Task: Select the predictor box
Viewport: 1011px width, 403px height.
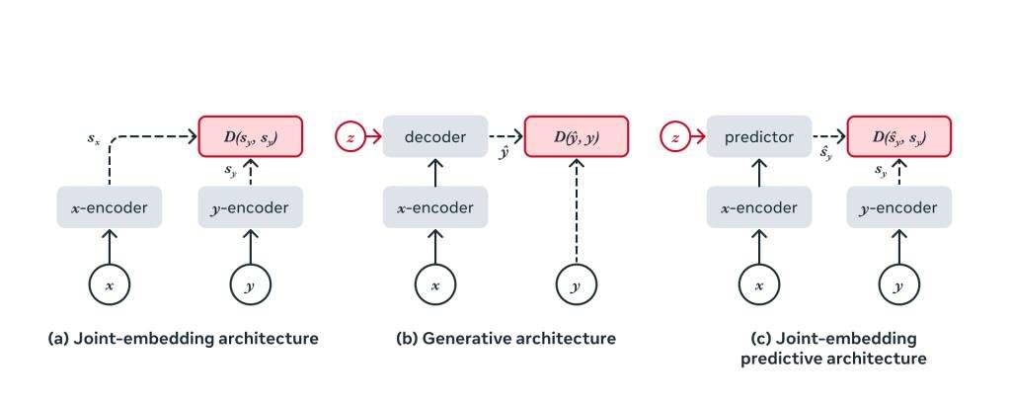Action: click(x=758, y=137)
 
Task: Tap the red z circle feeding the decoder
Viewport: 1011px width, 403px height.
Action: click(x=350, y=137)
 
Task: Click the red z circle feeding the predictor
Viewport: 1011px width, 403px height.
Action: click(x=674, y=137)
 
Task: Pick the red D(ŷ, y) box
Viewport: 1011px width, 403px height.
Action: click(x=575, y=137)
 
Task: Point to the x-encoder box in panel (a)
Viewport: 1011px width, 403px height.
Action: click(x=109, y=207)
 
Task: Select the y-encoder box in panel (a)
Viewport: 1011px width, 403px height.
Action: click(x=251, y=207)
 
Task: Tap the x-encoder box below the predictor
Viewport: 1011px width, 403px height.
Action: click(x=758, y=207)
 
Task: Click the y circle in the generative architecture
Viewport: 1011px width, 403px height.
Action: click(x=575, y=285)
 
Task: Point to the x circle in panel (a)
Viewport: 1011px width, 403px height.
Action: click(x=109, y=285)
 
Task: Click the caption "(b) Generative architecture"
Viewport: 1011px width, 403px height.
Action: click(x=505, y=339)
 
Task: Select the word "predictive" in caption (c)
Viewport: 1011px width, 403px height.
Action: click(x=781, y=360)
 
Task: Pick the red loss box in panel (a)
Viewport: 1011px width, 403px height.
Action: click(x=251, y=137)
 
